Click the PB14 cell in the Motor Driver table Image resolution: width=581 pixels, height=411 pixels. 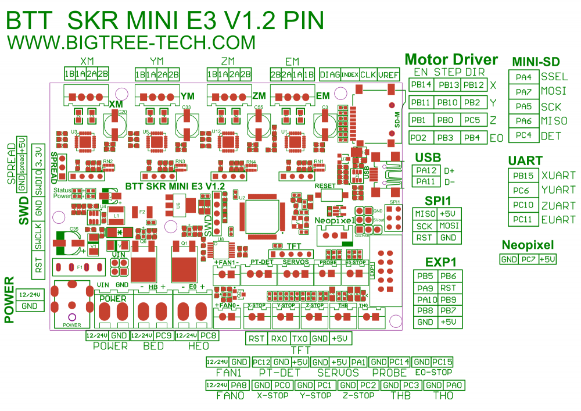[421, 85]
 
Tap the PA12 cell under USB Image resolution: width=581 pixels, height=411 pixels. [426, 170]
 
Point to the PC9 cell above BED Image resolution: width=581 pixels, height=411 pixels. [163, 335]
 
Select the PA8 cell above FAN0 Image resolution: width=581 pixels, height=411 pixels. [238, 385]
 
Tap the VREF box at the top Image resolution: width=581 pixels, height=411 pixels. [388, 74]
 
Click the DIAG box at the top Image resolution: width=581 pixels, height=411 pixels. [329, 74]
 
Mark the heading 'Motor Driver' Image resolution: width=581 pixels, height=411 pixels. [451, 59]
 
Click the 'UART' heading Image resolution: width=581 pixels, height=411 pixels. [525, 161]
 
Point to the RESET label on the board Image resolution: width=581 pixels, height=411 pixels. [325, 185]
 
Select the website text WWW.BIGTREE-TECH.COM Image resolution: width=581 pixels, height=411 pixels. [131, 42]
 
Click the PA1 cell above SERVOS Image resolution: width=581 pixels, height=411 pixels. [358, 362]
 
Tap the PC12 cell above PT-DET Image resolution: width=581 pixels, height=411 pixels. [263, 362]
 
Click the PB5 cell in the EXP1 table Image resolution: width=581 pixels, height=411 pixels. [425, 276]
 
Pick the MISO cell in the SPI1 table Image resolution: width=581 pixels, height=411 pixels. [425, 214]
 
